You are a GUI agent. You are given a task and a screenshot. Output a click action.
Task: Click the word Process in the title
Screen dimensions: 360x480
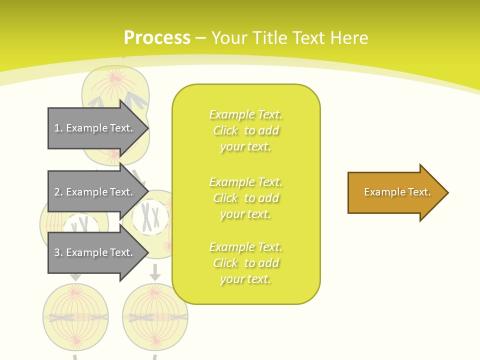point(157,37)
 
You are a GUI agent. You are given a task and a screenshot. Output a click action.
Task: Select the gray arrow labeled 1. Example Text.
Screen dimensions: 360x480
point(95,128)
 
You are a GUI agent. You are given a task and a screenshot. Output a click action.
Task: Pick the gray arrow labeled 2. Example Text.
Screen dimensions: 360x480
point(95,192)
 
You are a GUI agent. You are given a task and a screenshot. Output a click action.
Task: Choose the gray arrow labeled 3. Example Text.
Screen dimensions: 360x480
point(95,252)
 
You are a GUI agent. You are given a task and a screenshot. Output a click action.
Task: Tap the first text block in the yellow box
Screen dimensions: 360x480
point(246,130)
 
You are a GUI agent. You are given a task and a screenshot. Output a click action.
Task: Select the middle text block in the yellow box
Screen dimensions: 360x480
point(246,198)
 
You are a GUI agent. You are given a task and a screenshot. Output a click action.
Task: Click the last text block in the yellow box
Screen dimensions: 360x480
point(246,263)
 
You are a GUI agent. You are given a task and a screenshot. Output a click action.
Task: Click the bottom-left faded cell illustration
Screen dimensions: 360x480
point(75,315)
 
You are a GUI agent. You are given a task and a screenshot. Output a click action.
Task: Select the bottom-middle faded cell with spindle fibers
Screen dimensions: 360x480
point(155,315)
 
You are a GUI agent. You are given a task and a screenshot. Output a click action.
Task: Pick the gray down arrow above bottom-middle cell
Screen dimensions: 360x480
point(155,273)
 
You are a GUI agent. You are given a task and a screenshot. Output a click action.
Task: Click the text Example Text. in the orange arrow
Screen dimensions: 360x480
point(397,192)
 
